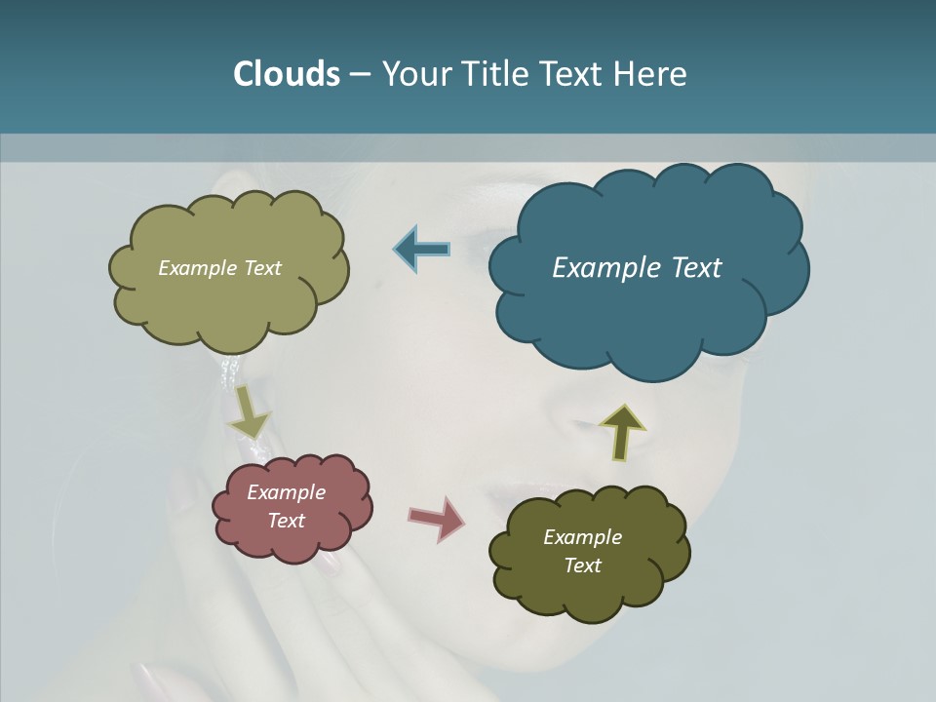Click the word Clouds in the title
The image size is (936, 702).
pyautogui.click(x=286, y=73)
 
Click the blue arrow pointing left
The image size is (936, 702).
pyautogui.click(x=422, y=249)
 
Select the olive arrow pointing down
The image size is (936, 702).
pyautogui.click(x=250, y=411)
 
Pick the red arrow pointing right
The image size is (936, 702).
pyautogui.click(x=437, y=518)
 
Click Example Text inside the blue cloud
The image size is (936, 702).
pyautogui.click(x=637, y=268)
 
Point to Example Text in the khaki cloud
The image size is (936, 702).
pyautogui.click(x=219, y=268)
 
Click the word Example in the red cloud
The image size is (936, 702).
pyautogui.click(x=286, y=492)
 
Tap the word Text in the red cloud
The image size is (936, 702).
pyautogui.click(x=287, y=521)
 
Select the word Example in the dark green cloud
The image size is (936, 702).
pyautogui.click(x=582, y=537)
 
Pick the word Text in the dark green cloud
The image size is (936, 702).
pyautogui.click(x=582, y=565)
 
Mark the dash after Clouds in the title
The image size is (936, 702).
pyautogui.click(x=359, y=74)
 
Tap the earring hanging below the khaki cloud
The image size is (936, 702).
pyautogui.click(x=231, y=371)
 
